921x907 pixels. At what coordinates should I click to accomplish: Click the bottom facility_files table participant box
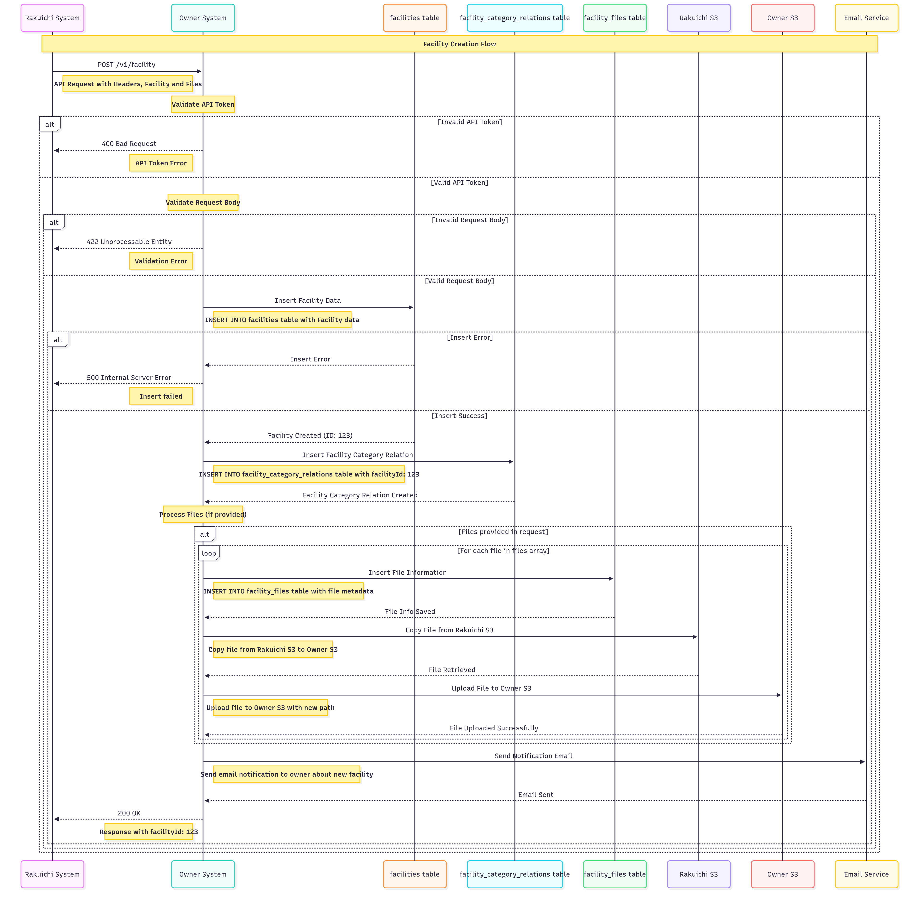(614, 874)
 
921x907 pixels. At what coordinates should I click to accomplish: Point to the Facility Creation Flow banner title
(459, 44)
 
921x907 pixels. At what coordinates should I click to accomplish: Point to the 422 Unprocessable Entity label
(129, 242)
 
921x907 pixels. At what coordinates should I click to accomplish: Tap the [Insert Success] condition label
(459, 416)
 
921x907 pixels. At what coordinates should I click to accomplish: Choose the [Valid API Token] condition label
(459, 182)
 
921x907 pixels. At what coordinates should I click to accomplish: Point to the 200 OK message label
(129, 813)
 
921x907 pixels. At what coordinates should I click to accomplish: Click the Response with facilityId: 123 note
(149, 832)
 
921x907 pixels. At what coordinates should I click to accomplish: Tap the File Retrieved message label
(451, 670)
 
